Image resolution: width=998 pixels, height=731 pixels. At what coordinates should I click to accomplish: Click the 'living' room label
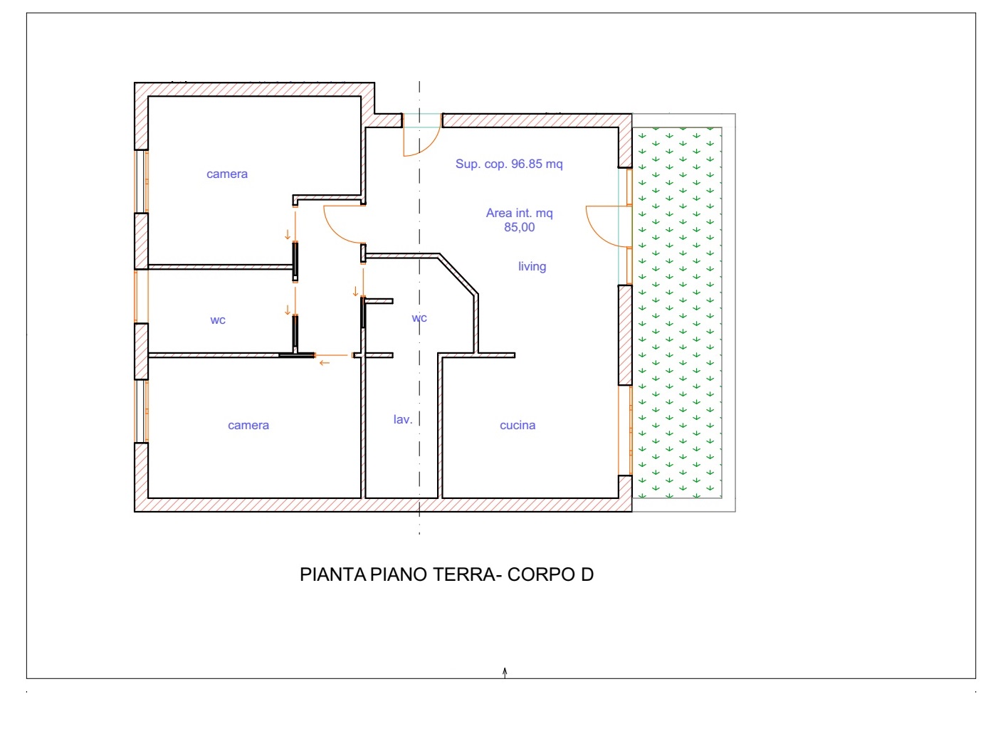tap(532, 266)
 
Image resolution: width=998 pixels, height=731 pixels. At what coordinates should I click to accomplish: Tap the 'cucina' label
tap(518, 425)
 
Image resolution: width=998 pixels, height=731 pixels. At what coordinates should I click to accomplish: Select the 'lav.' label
tap(403, 419)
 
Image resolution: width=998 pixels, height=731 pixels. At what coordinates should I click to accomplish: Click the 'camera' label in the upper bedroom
tap(227, 174)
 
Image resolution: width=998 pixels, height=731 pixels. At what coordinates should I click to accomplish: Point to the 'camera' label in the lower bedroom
tap(248, 425)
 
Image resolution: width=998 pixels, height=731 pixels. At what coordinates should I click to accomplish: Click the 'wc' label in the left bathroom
tap(218, 320)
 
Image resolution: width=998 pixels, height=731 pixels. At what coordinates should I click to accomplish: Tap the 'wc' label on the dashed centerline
tap(419, 317)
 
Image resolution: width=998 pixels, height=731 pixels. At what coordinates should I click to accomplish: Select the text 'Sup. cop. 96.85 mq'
tap(509, 164)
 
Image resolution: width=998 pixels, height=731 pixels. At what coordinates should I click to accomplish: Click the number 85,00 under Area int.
tap(519, 227)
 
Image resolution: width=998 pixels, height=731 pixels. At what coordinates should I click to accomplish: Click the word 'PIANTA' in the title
tap(333, 574)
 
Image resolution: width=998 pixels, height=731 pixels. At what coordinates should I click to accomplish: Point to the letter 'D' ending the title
tap(587, 574)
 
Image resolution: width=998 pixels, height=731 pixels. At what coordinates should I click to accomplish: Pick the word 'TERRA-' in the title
tap(468, 574)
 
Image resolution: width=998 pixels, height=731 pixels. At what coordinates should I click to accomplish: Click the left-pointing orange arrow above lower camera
tap(325, 363)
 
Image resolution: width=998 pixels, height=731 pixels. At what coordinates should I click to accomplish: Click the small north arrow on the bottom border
tap(505, 673)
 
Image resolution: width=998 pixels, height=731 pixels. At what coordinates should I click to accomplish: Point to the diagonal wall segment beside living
tap(459, 274)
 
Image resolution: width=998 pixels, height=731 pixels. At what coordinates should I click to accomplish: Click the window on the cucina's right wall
tap(625, 431)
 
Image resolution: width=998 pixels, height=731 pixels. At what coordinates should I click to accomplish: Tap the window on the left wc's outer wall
tap(141, 296)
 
